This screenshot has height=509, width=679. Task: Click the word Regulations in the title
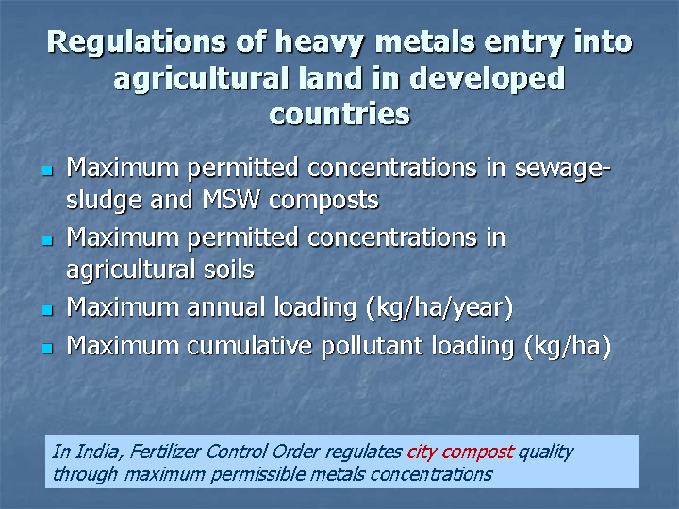coord(137,42)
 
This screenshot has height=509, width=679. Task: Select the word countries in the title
coord(339,114)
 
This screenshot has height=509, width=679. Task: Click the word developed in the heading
coord(488,79)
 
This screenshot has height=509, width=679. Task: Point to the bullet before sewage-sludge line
coord(48,170)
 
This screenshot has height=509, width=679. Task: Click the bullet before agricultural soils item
coord(48,240)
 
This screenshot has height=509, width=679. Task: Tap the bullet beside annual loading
coord(48,310)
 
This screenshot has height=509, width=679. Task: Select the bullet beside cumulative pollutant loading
coord(48,349)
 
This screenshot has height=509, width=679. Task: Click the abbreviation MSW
coord(231,200)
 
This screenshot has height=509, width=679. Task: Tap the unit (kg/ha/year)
coord(440,308)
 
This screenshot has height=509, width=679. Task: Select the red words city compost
coord(460,452)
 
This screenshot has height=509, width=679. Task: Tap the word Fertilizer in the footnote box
coord(165,452)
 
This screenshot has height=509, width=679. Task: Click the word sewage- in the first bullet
coord(562,169)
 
